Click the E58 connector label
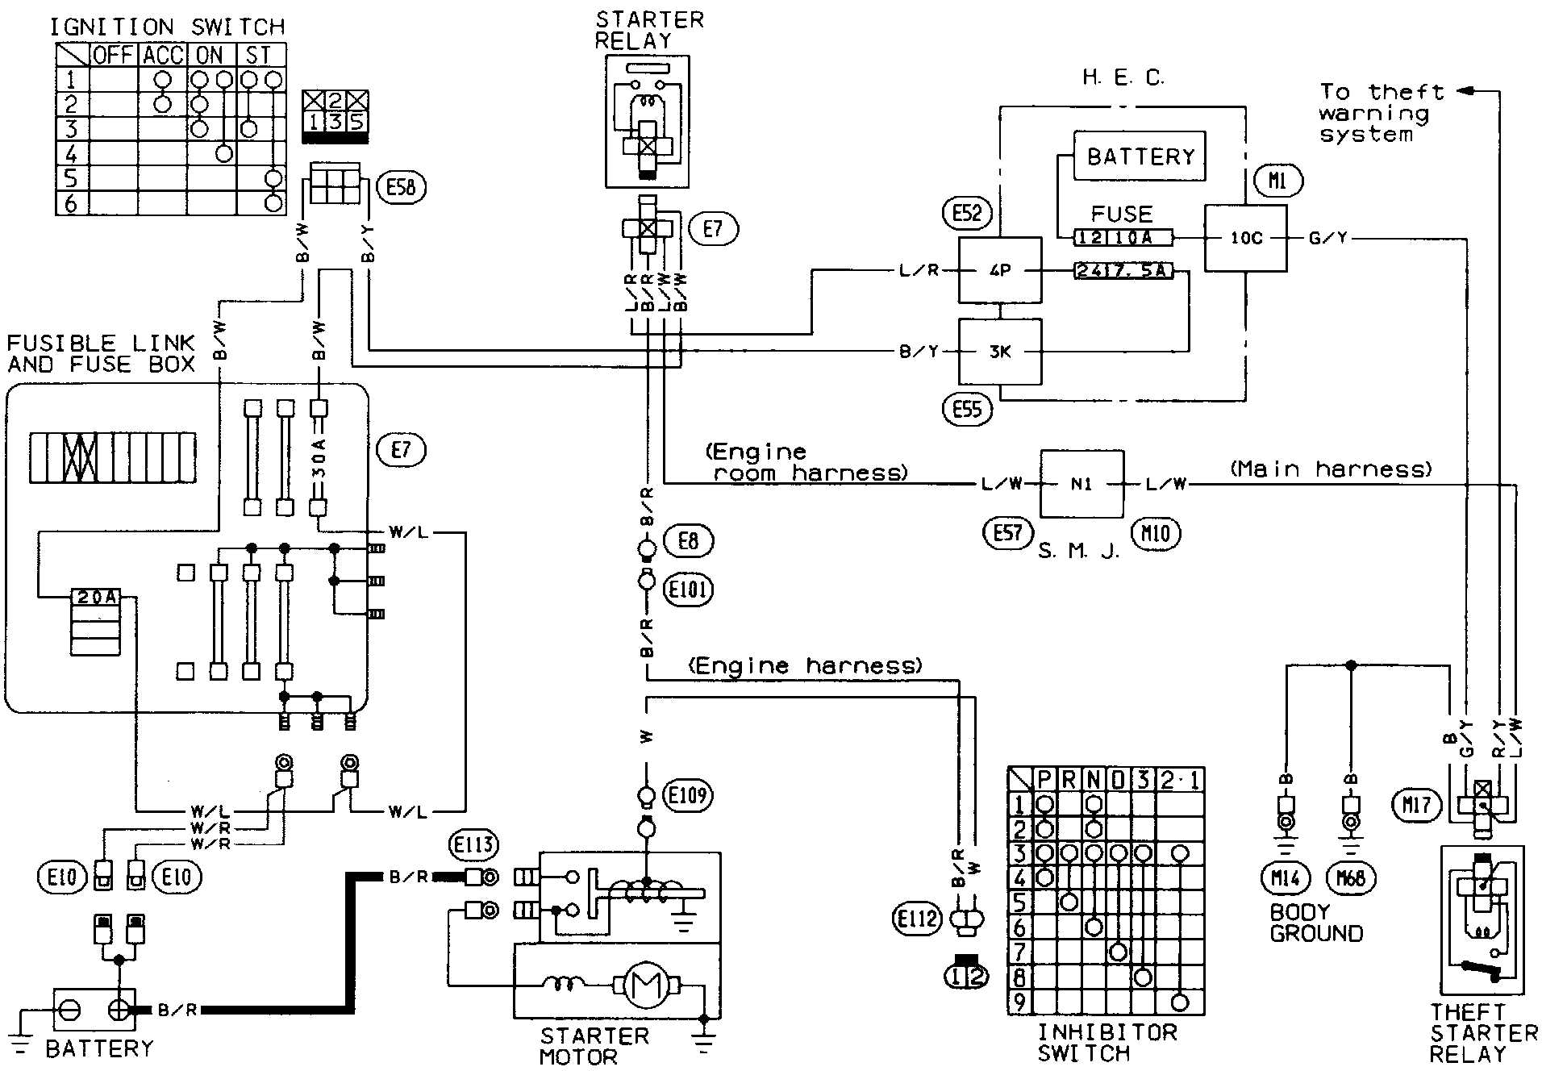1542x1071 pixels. tap(401, 188)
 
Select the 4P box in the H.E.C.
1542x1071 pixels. tap(999, 270)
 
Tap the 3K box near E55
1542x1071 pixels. tap(999, 351)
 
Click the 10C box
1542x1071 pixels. tap(1246, 238)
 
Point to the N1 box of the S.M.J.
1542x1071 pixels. tap(1081, 484)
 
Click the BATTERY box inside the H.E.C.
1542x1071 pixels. tap(1140, 156)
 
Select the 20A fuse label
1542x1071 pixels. tap(96, 598)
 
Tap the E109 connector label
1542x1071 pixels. tap(688, 796)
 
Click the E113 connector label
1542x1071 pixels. tap(473, 845)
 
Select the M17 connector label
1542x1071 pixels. tap(1416, 804)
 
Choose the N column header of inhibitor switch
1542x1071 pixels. tap(1094, 780)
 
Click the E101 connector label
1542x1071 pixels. tap(688, 590)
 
